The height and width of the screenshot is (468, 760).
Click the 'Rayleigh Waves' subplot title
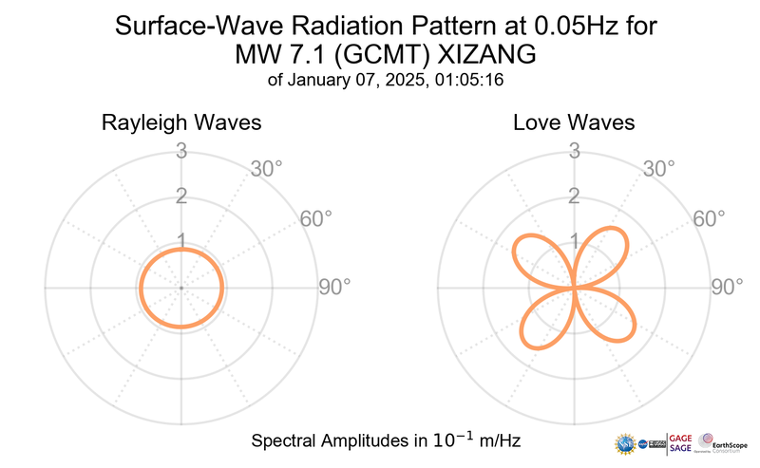pos(181,123)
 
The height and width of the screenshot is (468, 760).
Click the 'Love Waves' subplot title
pos(574,123)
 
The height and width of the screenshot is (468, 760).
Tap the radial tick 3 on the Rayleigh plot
pos(180,150)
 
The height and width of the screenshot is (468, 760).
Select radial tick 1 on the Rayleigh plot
pos(180,240)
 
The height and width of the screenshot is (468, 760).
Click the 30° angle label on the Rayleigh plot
pos(266,169)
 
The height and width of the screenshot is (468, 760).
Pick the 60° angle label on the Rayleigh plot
pos(316,219)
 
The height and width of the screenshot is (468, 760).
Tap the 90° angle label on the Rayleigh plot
pos(334,287)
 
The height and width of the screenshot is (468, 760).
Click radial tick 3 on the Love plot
pos(574,150)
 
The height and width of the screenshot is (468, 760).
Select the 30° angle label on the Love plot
pos(659,169)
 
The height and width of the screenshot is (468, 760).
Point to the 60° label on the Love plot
pos(710,219)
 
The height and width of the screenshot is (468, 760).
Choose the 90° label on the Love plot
pos(728,287)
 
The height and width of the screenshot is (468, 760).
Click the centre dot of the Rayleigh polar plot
pos(180,287)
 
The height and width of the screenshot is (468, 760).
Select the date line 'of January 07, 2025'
pos(385,82)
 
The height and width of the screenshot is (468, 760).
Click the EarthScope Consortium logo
pos(722,442)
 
